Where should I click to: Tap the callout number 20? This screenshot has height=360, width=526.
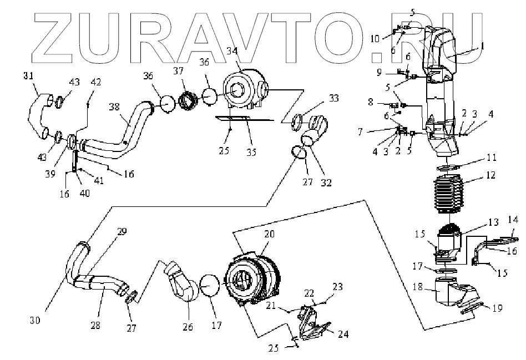click(269, 235)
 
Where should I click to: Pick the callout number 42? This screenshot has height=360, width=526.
click(96, 81)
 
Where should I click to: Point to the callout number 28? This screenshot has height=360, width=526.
click(95, 324)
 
